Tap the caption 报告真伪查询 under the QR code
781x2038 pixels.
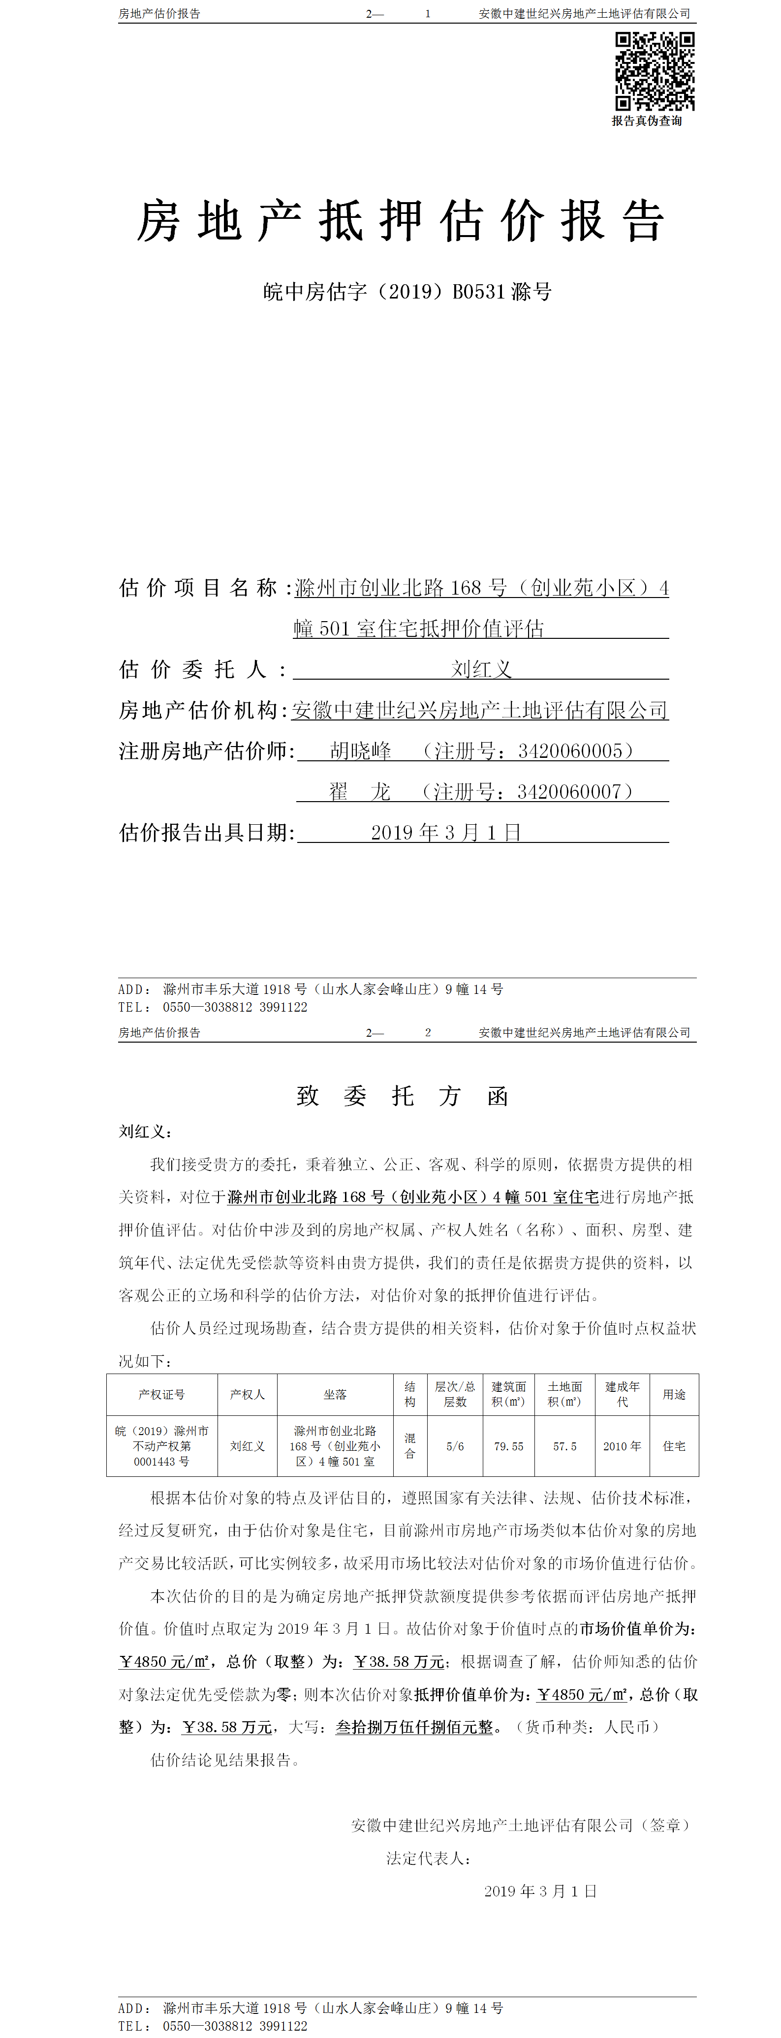click(x=647, y=121)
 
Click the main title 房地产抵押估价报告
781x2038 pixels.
click(x=401, y=221)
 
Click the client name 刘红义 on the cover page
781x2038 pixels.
click(x=481, y=669)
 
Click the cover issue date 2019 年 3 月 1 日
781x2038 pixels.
click(x=445, y=833)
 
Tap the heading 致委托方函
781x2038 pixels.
click(x=402, y=1096)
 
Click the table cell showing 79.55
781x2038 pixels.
click(x=509, y=1446)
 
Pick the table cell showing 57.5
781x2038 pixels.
click(x=565, y=1446)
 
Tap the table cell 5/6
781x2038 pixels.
click(x=455, y=1446)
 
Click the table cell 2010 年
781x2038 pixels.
click(x=622, y=1446)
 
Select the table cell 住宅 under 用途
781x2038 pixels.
click(x=674, y=1446)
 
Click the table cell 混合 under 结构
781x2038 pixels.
click(x=410, y=1446)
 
